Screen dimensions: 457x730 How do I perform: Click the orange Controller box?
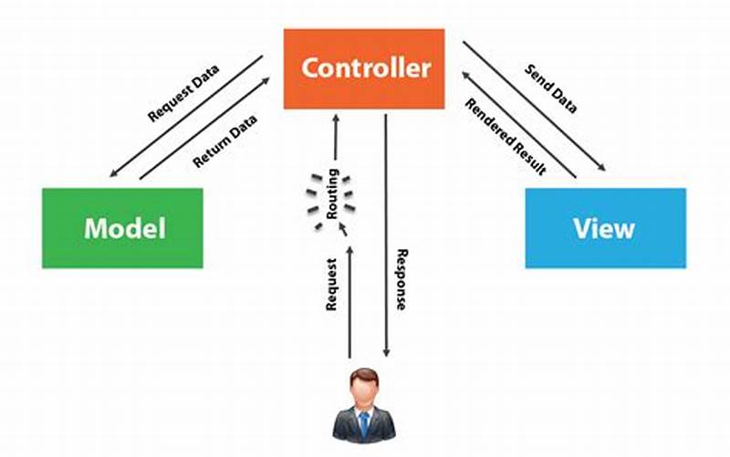click(x=364, y=68)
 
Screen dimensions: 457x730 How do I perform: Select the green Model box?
click(x=122, y=228)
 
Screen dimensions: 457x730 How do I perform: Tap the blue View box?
click(x=605, y=228)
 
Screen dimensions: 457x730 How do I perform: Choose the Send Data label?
click(x=550, y=89)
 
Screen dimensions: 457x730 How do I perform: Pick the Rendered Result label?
click(x=505, y=136)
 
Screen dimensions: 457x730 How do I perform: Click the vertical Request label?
click(x=332, y=284)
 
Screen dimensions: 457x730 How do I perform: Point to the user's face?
click(x=364, y=393)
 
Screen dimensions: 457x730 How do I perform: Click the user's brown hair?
click(x=364, y=375)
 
